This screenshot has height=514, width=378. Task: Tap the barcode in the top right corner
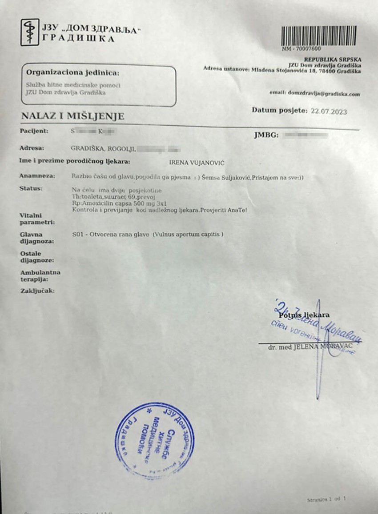[x=319, y=35]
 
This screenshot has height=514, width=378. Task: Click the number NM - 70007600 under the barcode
[x=301, y=49]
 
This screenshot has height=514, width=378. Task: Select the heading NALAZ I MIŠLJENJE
[x=72, y=117]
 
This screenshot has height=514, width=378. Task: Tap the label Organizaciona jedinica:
[x=72, y=72]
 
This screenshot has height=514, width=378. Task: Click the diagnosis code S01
[x=76, y=235]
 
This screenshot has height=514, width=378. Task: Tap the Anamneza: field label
[x=37, y=176]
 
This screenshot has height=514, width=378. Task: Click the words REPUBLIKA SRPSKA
[x=332, y=60]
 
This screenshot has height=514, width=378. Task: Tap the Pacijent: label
[x=34, y=131]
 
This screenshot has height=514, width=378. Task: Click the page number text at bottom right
[x=326, y=500]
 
